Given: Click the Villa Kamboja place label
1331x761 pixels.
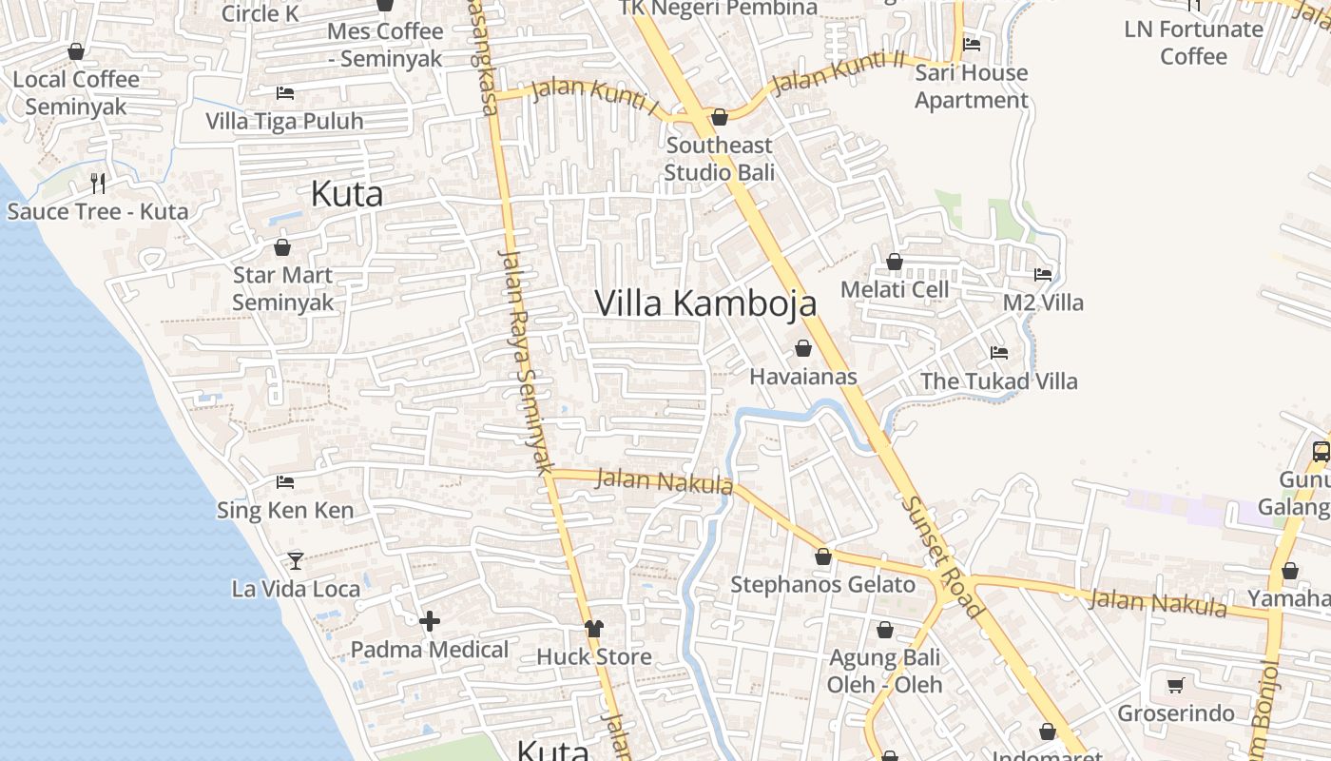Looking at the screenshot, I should click(x=705, y=302).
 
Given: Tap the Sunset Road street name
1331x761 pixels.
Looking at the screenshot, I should click(x=941, y=557).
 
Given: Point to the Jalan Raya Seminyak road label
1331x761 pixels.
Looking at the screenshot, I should click(x=527, y=361).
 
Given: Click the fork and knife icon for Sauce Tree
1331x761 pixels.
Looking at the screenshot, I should click(x=98, y=183).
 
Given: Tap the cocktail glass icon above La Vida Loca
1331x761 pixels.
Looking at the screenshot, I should click(x=296, y=560).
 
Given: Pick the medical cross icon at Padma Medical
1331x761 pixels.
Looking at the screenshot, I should click(x=430, y=621).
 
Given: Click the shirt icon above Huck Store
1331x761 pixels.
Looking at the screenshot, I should click(x=594, y=628).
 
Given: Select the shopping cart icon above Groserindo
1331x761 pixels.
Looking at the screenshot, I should click(x=1176, y=685).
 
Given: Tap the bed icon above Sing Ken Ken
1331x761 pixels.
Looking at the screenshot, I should click(x=285, y=482).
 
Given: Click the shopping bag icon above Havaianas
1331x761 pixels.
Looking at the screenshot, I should click(x=803, y=348).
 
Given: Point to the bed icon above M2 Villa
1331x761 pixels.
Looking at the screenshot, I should click(x=1043, y=274).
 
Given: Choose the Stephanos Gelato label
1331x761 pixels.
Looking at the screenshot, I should click(x=822, y=584).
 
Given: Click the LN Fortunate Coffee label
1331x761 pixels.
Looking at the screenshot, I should click(x=1193, y=43).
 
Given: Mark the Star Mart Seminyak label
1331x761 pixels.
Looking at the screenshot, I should click(x=283, y=289).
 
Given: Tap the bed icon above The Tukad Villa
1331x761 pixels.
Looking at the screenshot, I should click(x=999, y=352).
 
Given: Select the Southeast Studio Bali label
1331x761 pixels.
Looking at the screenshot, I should click(x=720, y=159).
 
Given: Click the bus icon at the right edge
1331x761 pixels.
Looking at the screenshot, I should click(x=1321, y=451).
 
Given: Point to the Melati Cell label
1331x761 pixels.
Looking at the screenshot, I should click(x=895, y=289).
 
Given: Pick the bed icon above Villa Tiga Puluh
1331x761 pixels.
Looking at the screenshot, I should click(x=285, y=93).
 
